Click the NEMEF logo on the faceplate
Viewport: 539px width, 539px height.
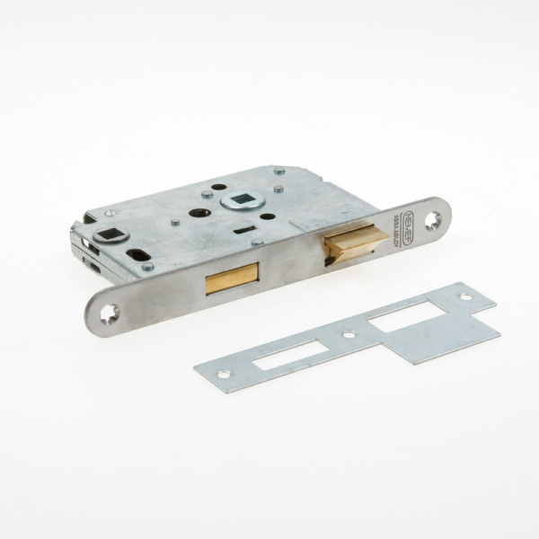[x=409, y=220]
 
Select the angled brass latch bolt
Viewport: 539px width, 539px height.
[x=356, y=243]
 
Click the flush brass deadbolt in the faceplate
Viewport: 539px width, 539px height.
[x=232, y=280]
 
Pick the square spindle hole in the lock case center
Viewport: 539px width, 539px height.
[x=243, y=199]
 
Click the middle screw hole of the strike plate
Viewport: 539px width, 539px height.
[x=349, y=336]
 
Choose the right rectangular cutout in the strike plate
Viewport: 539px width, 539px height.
[x=406, y=315]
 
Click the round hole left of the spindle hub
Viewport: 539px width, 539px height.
[x=199, y=213]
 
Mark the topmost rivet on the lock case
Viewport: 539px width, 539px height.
[x=278, y=170]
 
